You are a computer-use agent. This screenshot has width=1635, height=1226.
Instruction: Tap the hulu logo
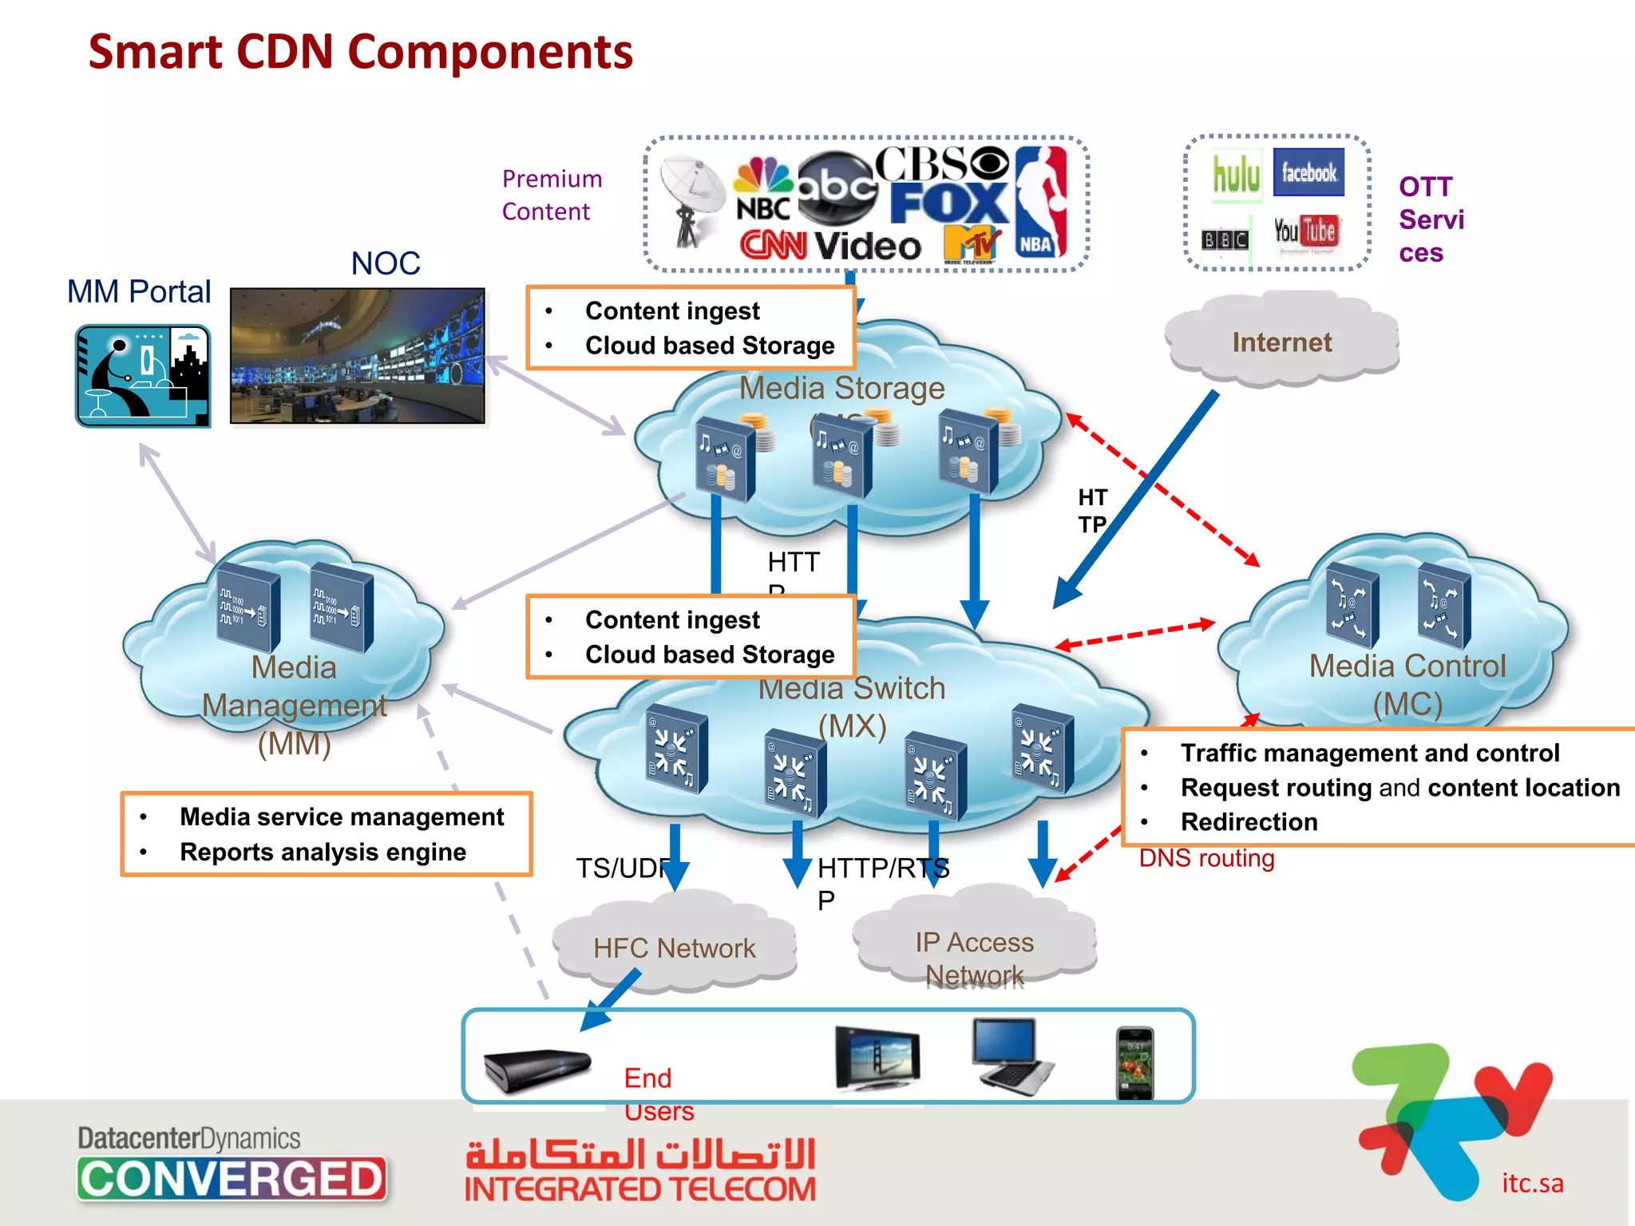pos(1236,173)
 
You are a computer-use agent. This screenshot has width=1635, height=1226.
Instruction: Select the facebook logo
pos(1308,172)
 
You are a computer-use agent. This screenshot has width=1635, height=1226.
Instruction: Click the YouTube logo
pos(1305,231)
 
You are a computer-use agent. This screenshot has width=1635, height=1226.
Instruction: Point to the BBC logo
pos(1225,239)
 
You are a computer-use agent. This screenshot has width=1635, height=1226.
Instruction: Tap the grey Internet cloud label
pos(1281,342)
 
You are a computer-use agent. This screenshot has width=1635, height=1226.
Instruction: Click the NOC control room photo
pos(357,356)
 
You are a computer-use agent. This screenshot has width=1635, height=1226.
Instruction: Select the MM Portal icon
pos(143,375)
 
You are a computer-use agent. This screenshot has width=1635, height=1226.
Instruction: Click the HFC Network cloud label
pos(674,948)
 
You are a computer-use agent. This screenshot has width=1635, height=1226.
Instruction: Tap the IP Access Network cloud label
pos(974,958)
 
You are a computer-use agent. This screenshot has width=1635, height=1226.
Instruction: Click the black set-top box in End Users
pos(536,1068)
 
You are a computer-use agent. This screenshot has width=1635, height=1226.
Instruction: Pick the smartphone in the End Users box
pos(1134,1062)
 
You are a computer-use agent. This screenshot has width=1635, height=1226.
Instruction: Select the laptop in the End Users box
pos(1011,1056)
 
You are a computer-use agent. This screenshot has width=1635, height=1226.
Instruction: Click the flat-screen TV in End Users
pos(877,1058)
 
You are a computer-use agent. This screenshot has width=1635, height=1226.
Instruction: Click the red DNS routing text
pos(1206,859)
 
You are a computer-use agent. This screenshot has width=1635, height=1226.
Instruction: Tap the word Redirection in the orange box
pos(1249,822)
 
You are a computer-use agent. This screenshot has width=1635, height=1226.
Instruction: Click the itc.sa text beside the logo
pos(1532,1183)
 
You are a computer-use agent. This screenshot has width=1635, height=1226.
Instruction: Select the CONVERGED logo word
pos(232,1179)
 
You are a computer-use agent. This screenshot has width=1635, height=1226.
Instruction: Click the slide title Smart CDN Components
pos(361,53)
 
